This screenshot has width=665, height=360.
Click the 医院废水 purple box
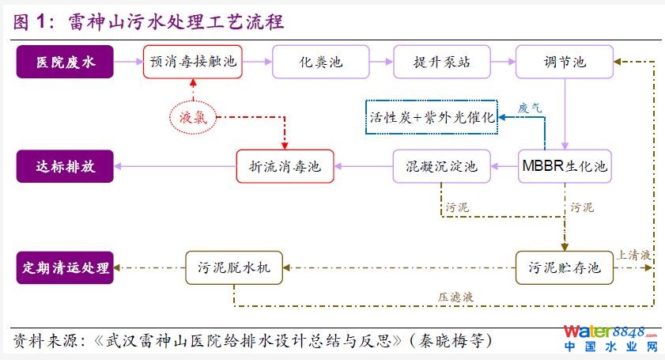[66, 62]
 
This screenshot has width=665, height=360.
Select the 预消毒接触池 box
[193, 62]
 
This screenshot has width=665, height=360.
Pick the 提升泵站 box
[442, 62]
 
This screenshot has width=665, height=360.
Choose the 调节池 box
[565, 62]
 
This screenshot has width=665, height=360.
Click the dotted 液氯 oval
[192, 117]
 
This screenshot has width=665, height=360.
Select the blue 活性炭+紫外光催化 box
[431, 118]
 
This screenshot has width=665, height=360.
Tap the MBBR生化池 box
[565, 166]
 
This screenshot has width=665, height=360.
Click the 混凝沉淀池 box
[442, 166]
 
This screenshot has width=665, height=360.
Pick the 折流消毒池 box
[285, 166]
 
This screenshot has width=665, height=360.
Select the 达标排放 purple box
[66, 166]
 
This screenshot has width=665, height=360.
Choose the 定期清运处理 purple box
[66, 267]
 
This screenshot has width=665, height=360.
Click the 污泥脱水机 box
[233, 267]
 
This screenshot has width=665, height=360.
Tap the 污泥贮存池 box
[565, 267]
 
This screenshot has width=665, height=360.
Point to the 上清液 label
[633, 256]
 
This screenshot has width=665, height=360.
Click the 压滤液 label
[455, 297]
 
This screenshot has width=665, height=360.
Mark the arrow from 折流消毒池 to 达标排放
[176, 166]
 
